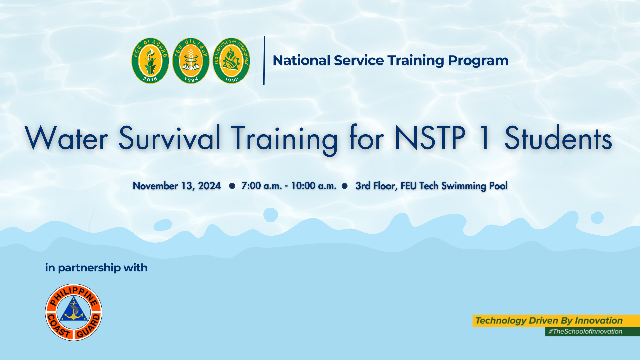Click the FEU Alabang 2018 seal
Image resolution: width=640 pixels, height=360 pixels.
pyautogui.click(x=150, y=61)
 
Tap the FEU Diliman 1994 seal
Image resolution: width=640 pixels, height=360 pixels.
pyautogui.click(x=191, y=61)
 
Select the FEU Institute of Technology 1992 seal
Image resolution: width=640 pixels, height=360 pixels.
pyautogui.click(x=231, y=61)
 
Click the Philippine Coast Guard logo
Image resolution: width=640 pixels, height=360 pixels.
pyautogui.click(x=74, y=312)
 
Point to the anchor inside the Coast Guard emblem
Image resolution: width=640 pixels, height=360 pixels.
pyautogui.click(x=73, y=311)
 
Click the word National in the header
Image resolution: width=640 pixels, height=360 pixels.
pyautogui.click(x=301, y=60)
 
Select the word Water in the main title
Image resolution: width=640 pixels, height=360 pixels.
pyautogui.click(x=66, y=138)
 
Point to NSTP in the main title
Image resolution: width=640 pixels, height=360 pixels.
pyautogui.click(x=430, y=138)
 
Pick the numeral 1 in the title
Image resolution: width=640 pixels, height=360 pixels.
pyautogui.click(x=485, y=138)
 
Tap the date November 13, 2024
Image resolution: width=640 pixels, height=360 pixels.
pyautogui.click(x=177, y=186)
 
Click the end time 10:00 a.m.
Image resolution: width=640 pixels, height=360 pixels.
pyautogui.click(x=314, y=186)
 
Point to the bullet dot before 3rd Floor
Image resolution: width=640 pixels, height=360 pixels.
pyautogui.click(x=345, y=186)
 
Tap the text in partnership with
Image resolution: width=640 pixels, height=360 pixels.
pyautogui.click(x=96, y=268)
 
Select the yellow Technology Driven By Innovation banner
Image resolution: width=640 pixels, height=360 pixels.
pyautogui.click(x=556, y=321)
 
